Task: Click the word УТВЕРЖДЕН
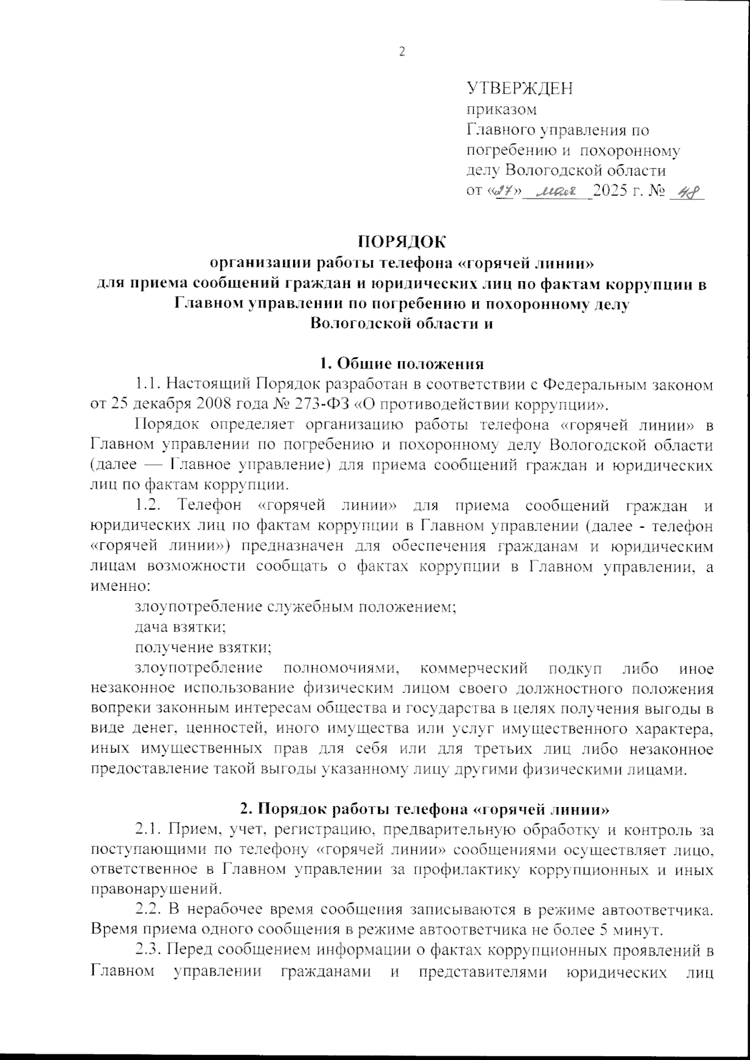519,89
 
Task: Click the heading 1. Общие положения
401,364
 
